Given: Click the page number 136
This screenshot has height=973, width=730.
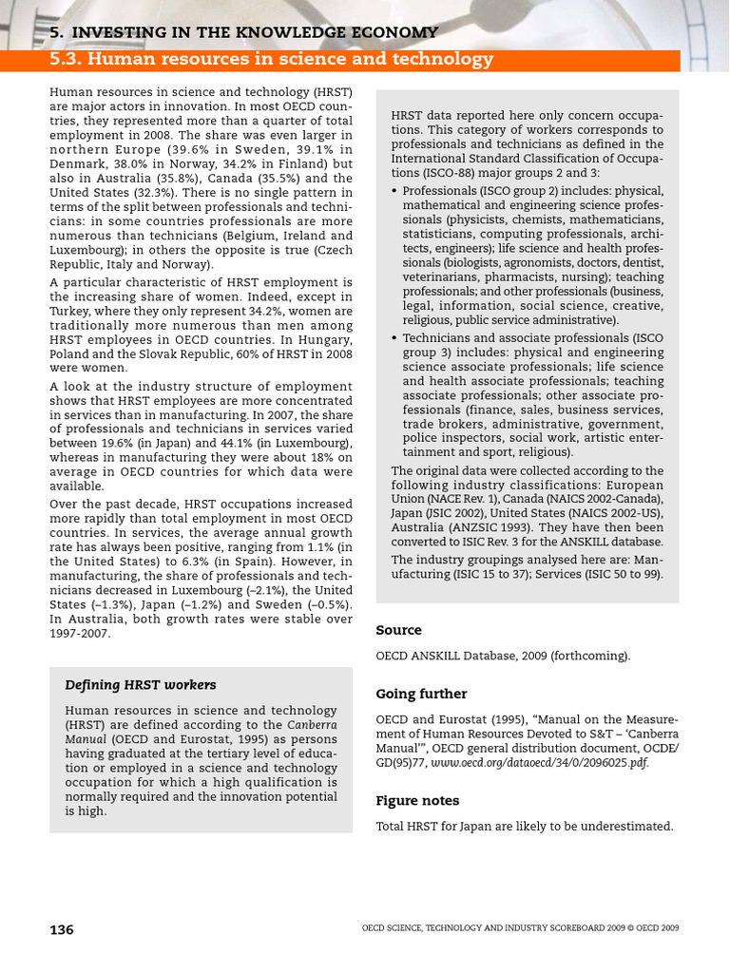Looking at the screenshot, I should [62, 929].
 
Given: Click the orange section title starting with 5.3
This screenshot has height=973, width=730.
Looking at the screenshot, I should [272, 60].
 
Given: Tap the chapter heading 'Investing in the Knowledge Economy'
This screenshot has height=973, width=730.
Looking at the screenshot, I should [243, 32].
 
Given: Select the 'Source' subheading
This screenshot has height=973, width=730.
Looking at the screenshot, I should [398, 630].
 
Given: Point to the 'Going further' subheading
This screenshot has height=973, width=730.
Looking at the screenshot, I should [421, 694].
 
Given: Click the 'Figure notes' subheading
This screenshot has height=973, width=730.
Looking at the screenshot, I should [417, 800].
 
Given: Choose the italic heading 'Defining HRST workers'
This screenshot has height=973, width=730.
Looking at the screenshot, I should [140, 684].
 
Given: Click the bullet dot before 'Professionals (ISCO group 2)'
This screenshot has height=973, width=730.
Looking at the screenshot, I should [394, 191].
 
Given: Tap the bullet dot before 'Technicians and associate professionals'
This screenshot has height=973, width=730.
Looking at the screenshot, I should [394, 338].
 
